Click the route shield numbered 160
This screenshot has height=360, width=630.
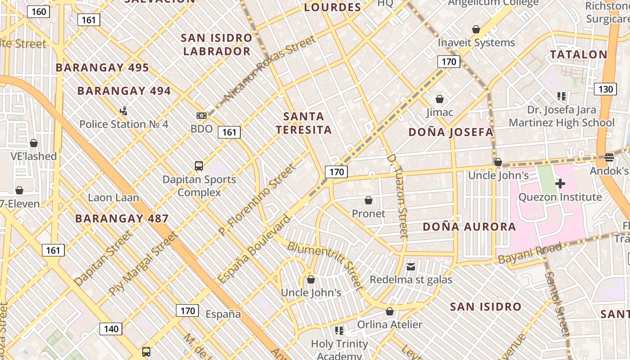coord(38,12)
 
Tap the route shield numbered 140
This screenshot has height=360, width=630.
coord(111,329)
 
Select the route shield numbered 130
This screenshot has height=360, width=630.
coord(605,89)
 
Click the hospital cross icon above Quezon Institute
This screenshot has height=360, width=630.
coord(560,184)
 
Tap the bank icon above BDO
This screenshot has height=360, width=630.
coord(202,116)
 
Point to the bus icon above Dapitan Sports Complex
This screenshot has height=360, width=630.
coord(199,166)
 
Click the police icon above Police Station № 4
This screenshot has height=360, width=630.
coord(124,111)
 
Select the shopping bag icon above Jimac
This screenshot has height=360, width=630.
coord(440,99)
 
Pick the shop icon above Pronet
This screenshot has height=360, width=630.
coord(369,200)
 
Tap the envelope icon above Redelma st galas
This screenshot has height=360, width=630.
coord(411,267)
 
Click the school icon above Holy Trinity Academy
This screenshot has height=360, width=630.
coord(339,331)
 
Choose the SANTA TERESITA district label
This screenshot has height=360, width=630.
coord(304,123)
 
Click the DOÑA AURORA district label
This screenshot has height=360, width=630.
coord(469,227)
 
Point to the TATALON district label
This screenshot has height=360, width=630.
coord(579,55)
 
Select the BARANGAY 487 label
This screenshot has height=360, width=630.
coord(122,219)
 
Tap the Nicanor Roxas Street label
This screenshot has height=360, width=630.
coord(270,69)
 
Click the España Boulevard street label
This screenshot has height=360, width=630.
coord(254,249)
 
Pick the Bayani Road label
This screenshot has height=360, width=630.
coord(530,253)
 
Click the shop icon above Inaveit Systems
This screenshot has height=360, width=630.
coord(476,30)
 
